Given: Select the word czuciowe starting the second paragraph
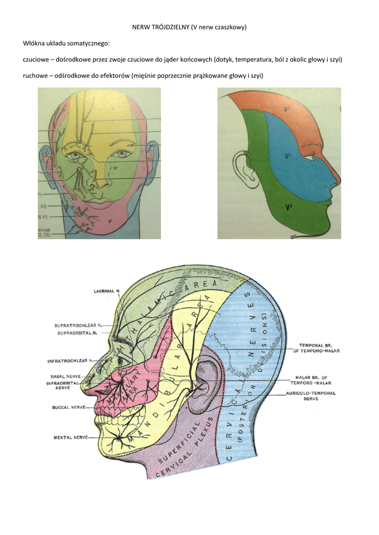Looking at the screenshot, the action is (x=38, y=60).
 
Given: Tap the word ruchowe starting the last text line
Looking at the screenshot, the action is (x=37, y=76).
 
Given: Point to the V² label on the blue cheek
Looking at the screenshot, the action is (x=288, y=156).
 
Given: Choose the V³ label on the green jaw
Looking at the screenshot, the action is (x=289, y=207).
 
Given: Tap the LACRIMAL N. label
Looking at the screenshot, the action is (x=107, y=291).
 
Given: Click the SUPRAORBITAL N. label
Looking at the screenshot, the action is (x=79, y=332).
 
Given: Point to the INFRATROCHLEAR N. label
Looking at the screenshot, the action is (x=70, y=360).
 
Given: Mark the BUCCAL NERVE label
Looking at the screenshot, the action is (x=68, y=406).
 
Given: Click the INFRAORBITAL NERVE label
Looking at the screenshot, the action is (x=62, y=386).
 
